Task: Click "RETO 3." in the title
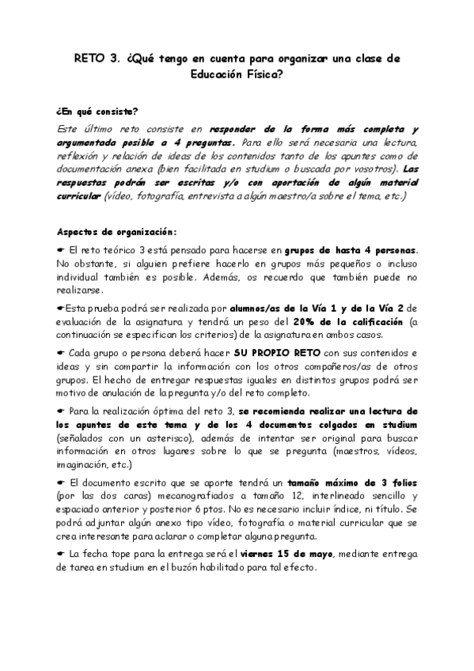coord(96,59)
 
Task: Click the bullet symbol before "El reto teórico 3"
coord(63,250)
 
